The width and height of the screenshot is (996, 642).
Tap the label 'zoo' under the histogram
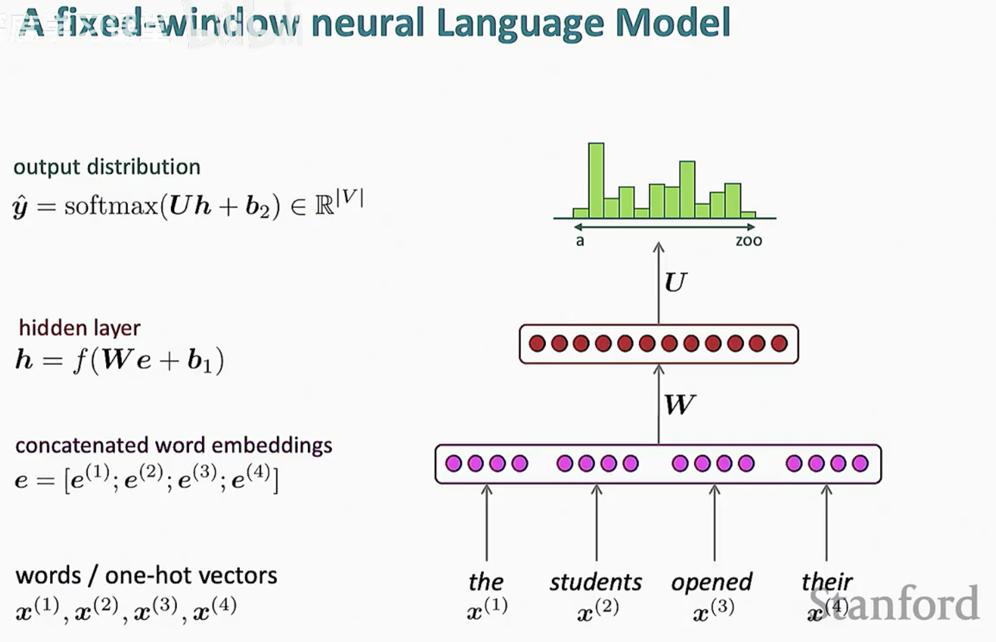(748, 241)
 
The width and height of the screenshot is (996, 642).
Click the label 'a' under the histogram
(580, 241)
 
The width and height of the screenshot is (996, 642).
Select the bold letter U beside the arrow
(676, 282)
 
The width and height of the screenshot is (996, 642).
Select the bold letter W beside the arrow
(679, 404)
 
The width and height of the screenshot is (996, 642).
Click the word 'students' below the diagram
(596, 582)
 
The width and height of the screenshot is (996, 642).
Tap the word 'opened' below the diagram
(711, 582)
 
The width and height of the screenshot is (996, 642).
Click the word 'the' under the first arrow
(486, 582)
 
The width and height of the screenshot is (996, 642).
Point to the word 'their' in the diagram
(826, 582)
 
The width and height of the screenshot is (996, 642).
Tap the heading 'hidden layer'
(80, 328)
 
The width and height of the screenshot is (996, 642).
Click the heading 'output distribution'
(107, 167)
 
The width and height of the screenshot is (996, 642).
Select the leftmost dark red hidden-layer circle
(537, 343)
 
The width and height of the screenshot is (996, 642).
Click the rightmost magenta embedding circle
(860, 463)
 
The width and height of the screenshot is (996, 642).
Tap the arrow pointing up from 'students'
(596, 522)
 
